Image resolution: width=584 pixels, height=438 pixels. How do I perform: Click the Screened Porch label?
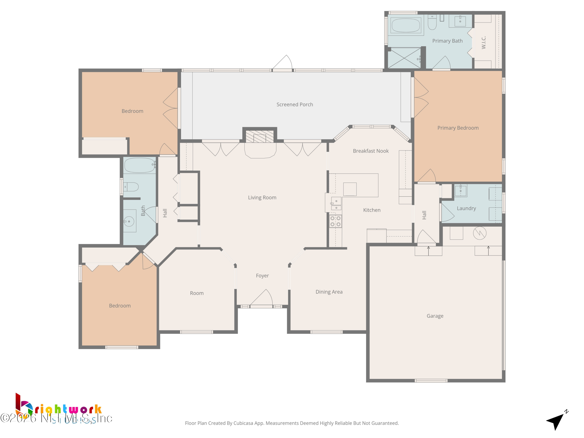[x=295, y=105]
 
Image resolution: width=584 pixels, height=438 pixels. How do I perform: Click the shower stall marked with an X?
[x=404, y=58]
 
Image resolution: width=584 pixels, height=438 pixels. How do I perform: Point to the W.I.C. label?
[x=483, y=42]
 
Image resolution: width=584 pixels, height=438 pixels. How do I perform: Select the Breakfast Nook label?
[x=371, y=151]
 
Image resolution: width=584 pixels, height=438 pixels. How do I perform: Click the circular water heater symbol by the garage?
[x=479, y=233]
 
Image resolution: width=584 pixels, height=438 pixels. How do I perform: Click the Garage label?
[x=435, y=316]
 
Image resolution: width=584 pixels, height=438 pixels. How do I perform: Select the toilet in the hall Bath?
[x=131, y=187]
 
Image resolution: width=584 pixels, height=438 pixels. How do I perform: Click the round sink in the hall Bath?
[x=129, y=221]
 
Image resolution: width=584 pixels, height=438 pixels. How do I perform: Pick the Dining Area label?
[x=329, y=292]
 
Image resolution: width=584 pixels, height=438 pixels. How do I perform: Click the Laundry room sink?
[x=460, y=190]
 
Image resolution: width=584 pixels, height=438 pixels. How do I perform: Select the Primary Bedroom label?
[x=458, y=128]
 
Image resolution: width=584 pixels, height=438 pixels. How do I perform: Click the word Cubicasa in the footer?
[x=243, y=423]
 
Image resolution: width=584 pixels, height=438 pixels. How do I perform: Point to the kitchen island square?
[x=350, y=189]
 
